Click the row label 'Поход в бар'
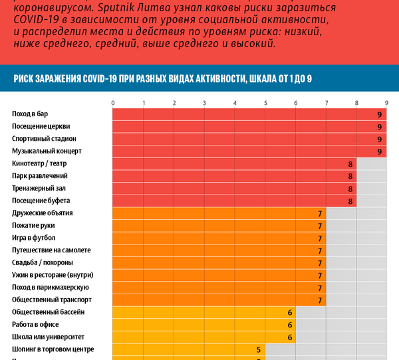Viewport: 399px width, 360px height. click(x=31, y=114)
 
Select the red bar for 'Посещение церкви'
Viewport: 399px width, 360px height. click(x=243, y=127)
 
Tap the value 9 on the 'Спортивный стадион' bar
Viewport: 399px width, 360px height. click(x=379, y=139)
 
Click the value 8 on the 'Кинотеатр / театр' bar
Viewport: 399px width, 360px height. click(x=350, y=164)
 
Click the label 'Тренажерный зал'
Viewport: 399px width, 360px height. click(x=39, y=189)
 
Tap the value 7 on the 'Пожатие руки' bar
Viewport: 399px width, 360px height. click(x=320, y=226)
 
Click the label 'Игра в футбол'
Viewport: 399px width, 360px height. click(x=34, y=238)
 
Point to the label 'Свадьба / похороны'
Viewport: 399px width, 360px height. click(x=43, y=262)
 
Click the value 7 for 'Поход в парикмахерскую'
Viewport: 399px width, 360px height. click(x=320, y=288)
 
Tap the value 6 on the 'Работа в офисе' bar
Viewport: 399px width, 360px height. click(x=289, y=325)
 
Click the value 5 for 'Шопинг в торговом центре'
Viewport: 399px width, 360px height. click(x=259, y=349)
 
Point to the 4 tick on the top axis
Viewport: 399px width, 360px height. click(x=235, y=103)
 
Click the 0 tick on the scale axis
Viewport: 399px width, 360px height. click(x=113, y=103)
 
